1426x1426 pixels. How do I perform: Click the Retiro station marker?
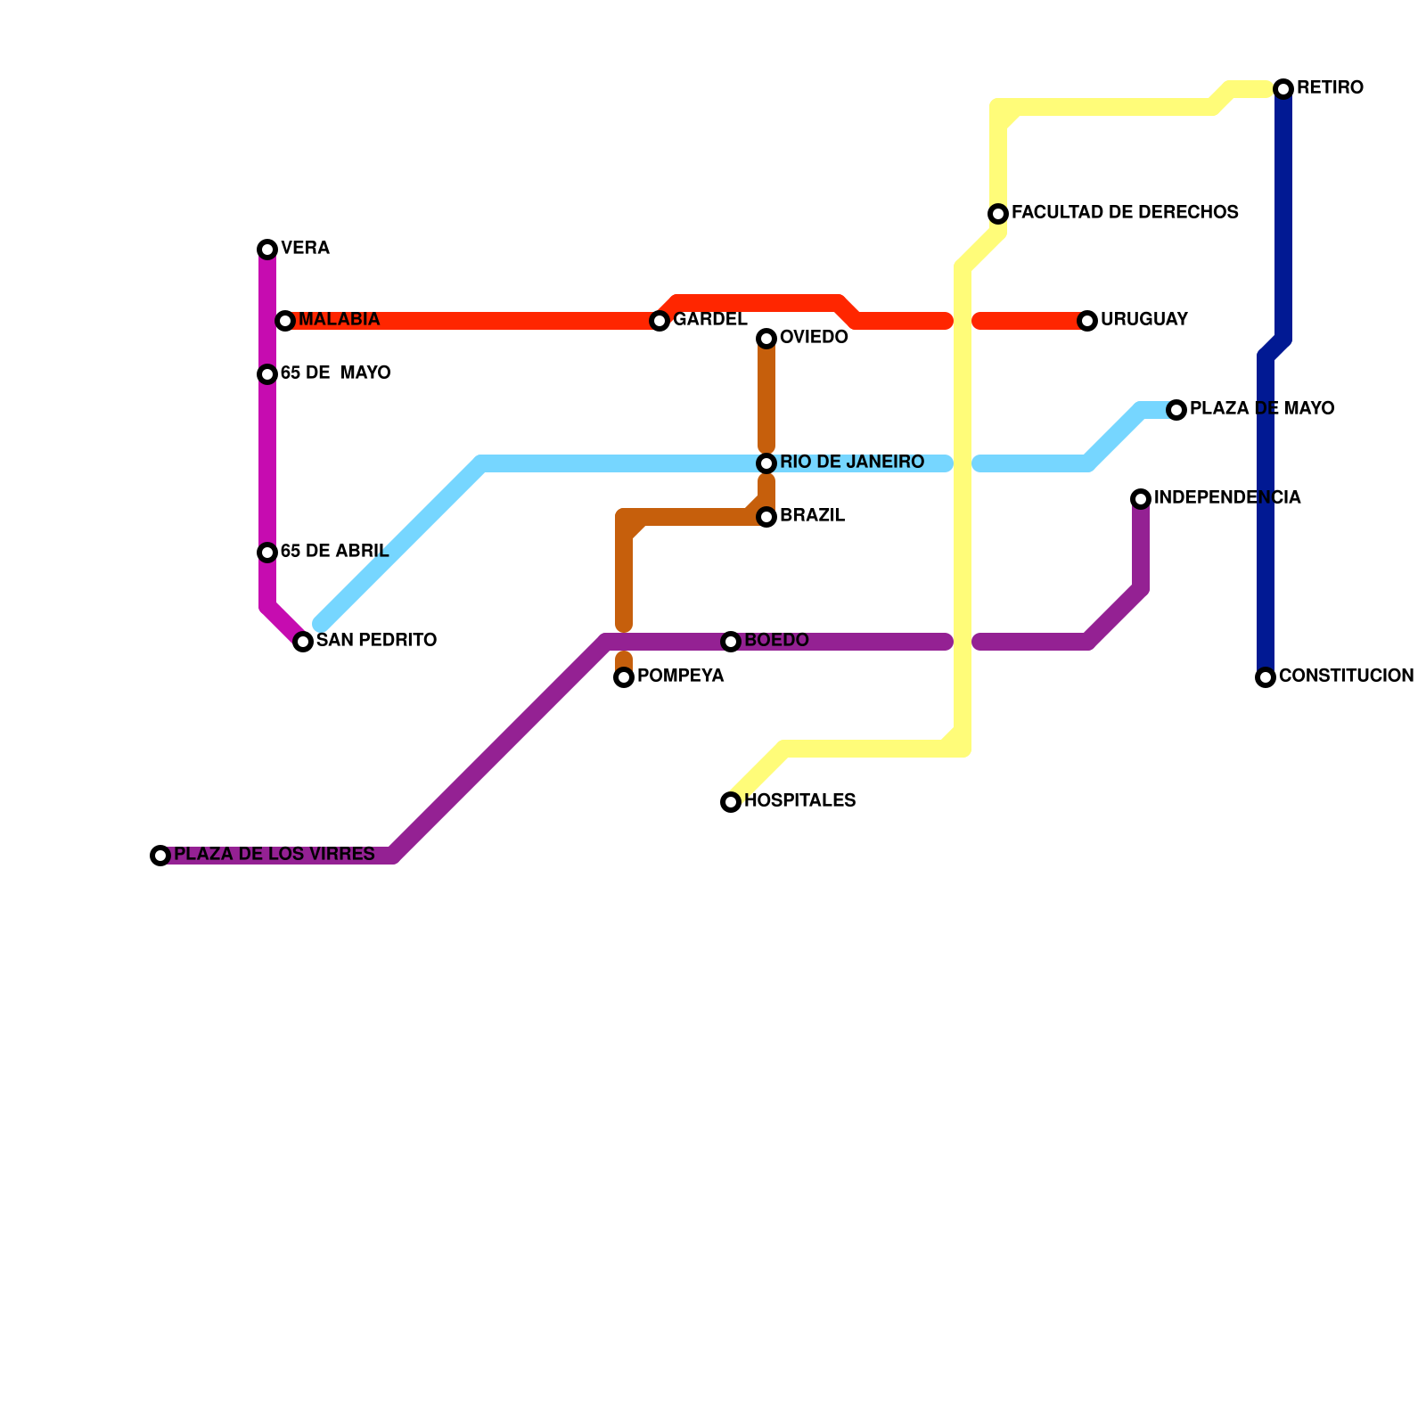[x=1283, y=88]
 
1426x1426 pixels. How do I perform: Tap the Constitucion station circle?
[x=1266, y=677]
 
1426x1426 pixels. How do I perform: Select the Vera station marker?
[x=267, y=250]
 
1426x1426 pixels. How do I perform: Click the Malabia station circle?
[x=285, y=321]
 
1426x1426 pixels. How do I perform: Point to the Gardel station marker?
[x=660, y=321]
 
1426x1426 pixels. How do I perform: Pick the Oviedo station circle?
[x=766, y=339]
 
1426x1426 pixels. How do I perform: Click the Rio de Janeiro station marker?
[x=766, y=463]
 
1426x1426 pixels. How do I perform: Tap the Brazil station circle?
[x=766, y=517]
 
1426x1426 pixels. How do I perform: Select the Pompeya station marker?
[x=624, y=677]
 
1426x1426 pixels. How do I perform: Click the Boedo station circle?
[x=731, y=642]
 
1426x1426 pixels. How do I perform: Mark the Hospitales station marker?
[x=731, y=802]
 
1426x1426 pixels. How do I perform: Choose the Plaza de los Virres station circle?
[x=160, y=856]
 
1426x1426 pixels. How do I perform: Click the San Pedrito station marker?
[x=303, y=642]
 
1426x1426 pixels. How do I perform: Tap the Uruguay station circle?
[x=1087, y=321]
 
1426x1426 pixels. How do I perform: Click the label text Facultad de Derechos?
[x=1125, y=213]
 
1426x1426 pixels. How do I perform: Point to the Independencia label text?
[x=1227, y=498]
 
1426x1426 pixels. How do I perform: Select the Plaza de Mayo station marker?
[x=1176, y=410]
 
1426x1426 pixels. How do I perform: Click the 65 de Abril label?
[x=334, y=552]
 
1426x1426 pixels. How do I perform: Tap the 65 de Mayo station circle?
[x=267, y=374]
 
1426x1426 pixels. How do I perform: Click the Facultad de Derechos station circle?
[x=998, y=214]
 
